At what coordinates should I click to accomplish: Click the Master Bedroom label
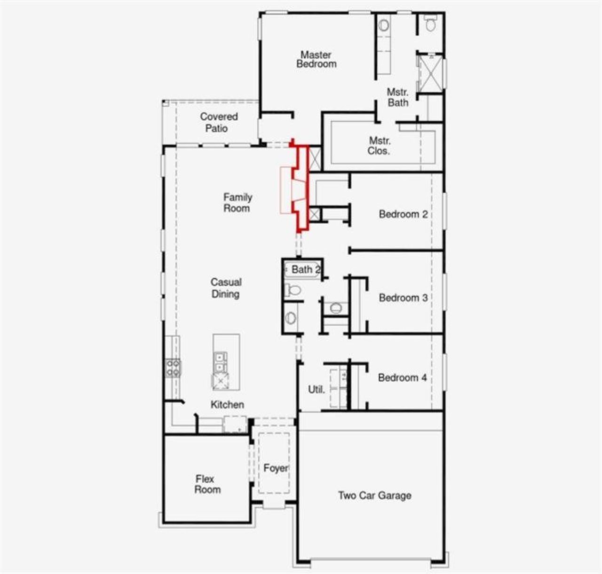(x=316, y=59)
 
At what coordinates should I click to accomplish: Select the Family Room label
(x=238, y=203)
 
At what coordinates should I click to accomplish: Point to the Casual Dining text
(x=226, y=288)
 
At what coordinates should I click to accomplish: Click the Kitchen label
(x=227, y=404)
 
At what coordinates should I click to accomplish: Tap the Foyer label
(x=275, y=468)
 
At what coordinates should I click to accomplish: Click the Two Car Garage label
(x=374, y=495)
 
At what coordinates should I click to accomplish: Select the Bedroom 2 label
(x=403, y=214)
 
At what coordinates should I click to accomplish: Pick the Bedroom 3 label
(x=403, y=298)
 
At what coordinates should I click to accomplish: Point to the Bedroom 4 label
(x=402, y=377)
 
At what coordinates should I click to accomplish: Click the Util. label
(x=316, y=389)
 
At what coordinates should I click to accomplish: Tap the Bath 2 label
(x=305, y=269)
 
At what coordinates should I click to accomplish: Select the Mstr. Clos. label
(x=379, y=146)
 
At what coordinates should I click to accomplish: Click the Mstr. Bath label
(x=397, y=97)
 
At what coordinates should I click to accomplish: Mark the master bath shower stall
(x=430, y=73)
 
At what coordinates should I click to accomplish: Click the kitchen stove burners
(x=173, y=368)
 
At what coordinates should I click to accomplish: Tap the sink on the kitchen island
(x=220, y=362)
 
